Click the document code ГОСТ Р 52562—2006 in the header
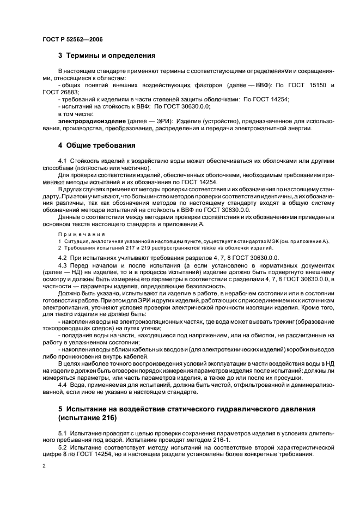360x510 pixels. coord(72,40)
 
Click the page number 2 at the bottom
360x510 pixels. coord(44,466)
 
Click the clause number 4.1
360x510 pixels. coord(63,162)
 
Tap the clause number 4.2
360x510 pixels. coord(63,257)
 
